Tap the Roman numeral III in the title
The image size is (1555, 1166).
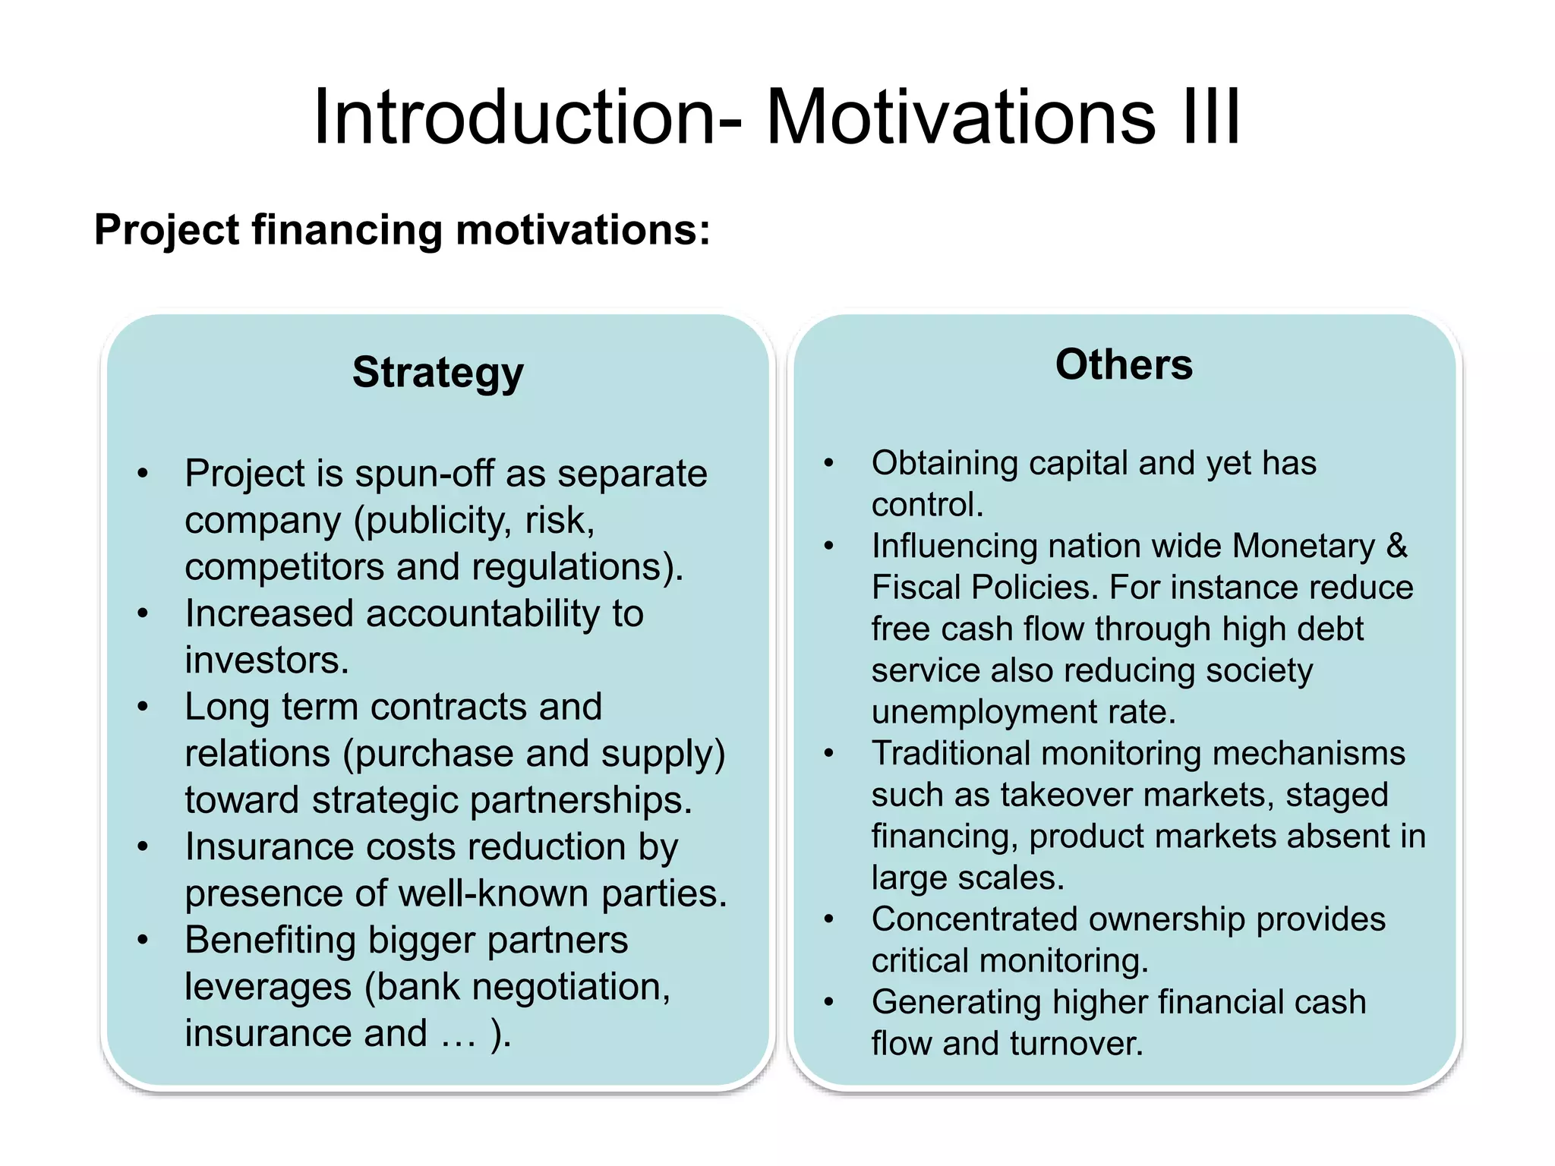[1211, 118]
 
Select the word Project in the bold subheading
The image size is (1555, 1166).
[167, 230]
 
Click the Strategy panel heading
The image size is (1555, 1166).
[437, 373]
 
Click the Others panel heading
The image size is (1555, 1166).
[1124, 364]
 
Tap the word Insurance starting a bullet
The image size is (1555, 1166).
[269, 846]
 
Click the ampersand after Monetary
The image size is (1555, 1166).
[1396, 546]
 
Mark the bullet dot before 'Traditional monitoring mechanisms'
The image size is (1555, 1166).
[829, 753]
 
